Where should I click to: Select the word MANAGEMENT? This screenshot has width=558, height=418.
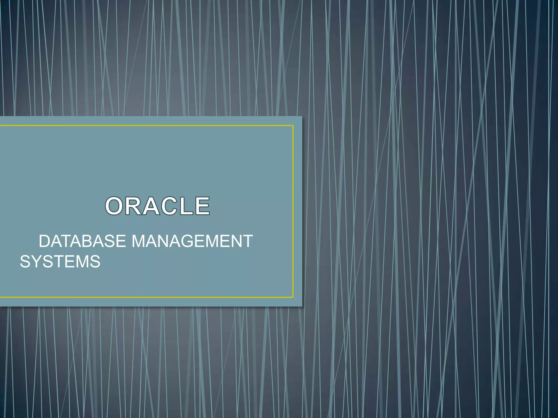click(192, 241)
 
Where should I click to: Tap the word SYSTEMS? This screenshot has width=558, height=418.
click(60, 262)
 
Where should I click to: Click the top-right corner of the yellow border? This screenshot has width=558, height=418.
click(293, 126)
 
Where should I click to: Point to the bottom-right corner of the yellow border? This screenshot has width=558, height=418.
click(293, 297)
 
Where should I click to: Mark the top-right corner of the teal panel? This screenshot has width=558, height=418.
click(302, 117)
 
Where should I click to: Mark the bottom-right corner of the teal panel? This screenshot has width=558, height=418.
click(302, 306)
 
